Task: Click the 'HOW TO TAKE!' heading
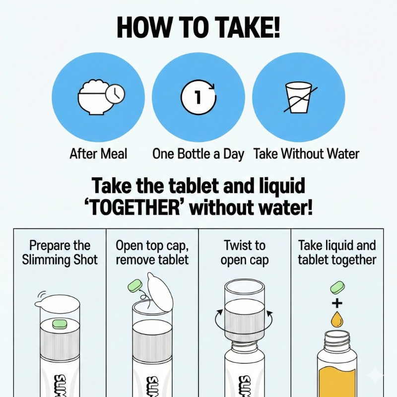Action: pyautogui.click(x=198, y=27)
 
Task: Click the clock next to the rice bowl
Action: pyautogui.click(x=115, y=94)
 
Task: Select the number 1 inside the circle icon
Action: pyautogui.click(x=198, y=96)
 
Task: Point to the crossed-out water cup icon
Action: pyautogui.click(x=300, y=97)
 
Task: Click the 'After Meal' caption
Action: pyautogui.click(x=98, y=154)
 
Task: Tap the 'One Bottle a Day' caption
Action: pyautogui.click(x=198, y=154)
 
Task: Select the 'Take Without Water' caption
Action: pyautogui.click(x=306, y=154)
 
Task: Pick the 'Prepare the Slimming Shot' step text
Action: pyautogui.click(x=60, y=253)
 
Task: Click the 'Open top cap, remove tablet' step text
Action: pyautogui.click(x=152, y=253)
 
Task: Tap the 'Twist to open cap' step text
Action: pyautogui.click(x=244, y=253)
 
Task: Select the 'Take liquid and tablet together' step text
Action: pyautogui.click(x=337, y=253)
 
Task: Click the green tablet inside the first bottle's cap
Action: pyautogui.click(x=59, y=324)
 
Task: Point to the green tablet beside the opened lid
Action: pyautogui.click(x=135, y=286)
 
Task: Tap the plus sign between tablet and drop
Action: pyautogui.click(x=337, y=303)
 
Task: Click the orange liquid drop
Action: pyautogui.click(x=337, y=320)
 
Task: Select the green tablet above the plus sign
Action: pyautogui.click(x=337, y=288)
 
